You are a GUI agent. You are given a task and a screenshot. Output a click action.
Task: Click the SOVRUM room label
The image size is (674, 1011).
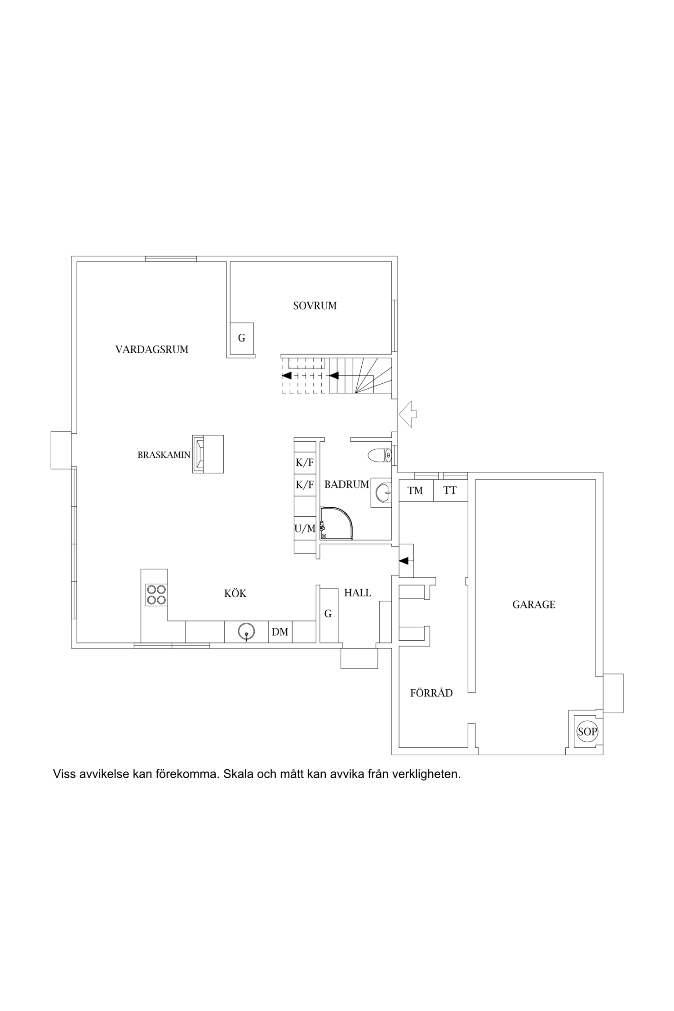pyautogui.click(x=315, y=306)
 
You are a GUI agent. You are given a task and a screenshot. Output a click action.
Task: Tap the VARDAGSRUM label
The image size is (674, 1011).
pyautogui.click(x=152, y=350)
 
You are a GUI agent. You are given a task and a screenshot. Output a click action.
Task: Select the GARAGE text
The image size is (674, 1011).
pyautogui.click(x=534, y=605)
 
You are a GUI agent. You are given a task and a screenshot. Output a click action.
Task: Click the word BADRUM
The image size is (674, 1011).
pyautogui.click(x=346, y=484)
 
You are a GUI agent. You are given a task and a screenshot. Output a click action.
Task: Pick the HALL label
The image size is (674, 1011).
pyautogui.click(x=358, y=593)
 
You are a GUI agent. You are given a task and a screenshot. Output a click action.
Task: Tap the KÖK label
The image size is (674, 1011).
pyautogui.click(x=235, y=594)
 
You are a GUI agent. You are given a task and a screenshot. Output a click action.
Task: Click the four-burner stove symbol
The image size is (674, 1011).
pyautogui.click(x=156, y=594)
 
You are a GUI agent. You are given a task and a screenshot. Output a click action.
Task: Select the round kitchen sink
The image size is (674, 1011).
pyautogui.click(x=246, y=631)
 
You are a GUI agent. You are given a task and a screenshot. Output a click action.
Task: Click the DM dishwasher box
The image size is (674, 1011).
pyautogui.click(x=280, y=632)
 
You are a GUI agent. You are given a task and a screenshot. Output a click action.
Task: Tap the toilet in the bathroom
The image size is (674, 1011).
pyautogui.click(x=380, y=456)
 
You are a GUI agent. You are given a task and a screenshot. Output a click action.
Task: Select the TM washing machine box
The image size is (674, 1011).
pyautogui.click(x=416, y=490)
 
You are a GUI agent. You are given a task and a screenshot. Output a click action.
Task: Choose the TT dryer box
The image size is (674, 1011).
pyautogui.click(x=450, y=490)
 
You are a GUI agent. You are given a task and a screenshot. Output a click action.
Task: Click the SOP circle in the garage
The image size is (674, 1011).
pyautogui.click(x=587, y=732)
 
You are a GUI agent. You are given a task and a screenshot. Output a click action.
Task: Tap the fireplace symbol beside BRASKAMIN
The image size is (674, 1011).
pyautogui.click(x=208, y=454)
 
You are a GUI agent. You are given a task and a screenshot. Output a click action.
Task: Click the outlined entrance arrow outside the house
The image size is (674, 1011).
pyautogui.click(x=408, y=414)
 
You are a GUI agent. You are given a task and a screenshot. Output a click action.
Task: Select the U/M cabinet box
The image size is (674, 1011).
pyautogui.click(x=305, y=529)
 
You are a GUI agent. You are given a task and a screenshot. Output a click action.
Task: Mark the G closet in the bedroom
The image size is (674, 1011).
pyautogui.click(x=242, y=338)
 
